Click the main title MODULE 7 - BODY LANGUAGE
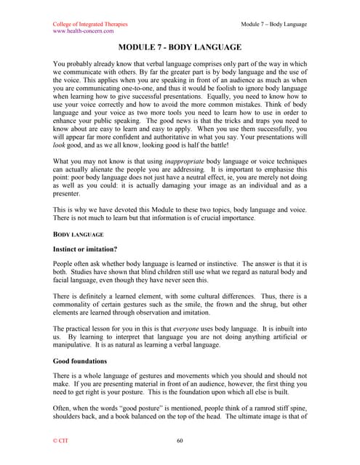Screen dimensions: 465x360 point(180,47)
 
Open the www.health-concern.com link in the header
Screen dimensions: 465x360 point(84,31)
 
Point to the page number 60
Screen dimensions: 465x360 point(180,440)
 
